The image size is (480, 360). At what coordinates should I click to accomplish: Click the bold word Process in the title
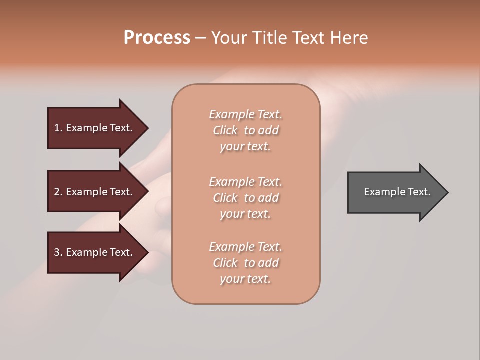157,38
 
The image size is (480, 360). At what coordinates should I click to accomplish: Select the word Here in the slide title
349,38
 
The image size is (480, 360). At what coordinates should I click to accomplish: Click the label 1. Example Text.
93,128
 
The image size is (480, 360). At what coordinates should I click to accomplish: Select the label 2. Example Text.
93,192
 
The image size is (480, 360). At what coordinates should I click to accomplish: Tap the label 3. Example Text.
93,252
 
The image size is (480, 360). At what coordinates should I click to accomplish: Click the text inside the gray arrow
397,192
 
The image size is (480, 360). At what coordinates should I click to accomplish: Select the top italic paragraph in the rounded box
245,130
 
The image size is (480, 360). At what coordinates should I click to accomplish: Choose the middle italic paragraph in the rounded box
245,198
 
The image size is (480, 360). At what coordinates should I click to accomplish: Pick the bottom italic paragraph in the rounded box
245,263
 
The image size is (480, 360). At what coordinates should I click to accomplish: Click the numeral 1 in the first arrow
57,128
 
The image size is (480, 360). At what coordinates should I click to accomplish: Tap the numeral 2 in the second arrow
57,192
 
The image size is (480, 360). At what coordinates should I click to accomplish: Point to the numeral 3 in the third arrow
57,252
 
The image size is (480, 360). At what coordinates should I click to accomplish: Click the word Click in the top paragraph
225,130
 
